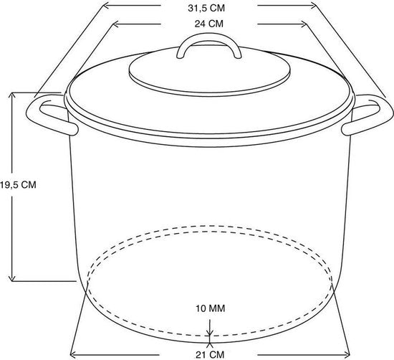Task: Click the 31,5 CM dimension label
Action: pos(206,8)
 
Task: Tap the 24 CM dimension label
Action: pos(208,24)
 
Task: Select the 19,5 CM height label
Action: pos(18,185)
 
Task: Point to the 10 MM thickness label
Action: pos(211,308)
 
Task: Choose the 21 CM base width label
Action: pos(210,355)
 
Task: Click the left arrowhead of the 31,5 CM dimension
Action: pos(106,5)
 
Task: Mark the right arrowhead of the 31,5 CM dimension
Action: pos(313,5)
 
